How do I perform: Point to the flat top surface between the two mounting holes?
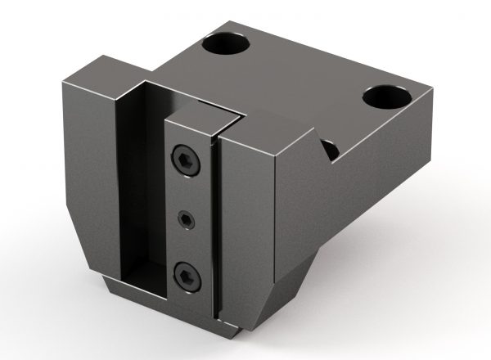tap(303, 70)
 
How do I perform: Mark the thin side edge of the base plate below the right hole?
tap(413, 131)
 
